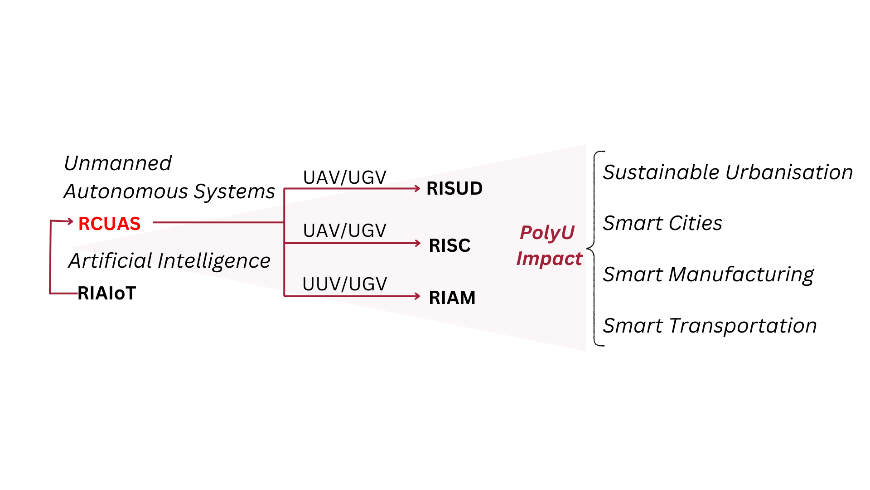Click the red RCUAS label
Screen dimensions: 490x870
[109, 224]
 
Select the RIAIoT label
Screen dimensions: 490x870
[106, 293]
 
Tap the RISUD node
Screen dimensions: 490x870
[454, 189]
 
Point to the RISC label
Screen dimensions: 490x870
[449, 245]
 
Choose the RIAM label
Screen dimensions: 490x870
[452, 298]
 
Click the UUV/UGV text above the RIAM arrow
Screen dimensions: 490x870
[344, 284]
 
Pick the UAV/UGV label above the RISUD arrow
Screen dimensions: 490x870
[344, 177]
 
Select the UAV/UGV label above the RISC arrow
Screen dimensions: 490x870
[344, 230]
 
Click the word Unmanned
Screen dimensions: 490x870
[118, 163]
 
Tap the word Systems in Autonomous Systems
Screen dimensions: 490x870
[234, 191]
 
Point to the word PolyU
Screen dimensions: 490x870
[547, 233]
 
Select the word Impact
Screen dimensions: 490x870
[549, 259]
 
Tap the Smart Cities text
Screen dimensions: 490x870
[662, 223]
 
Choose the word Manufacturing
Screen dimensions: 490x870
[741, 274]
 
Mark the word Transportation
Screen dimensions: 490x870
[743, 326]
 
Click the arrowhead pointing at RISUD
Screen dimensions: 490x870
[417, 188]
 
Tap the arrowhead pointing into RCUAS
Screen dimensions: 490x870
[70, 221]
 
